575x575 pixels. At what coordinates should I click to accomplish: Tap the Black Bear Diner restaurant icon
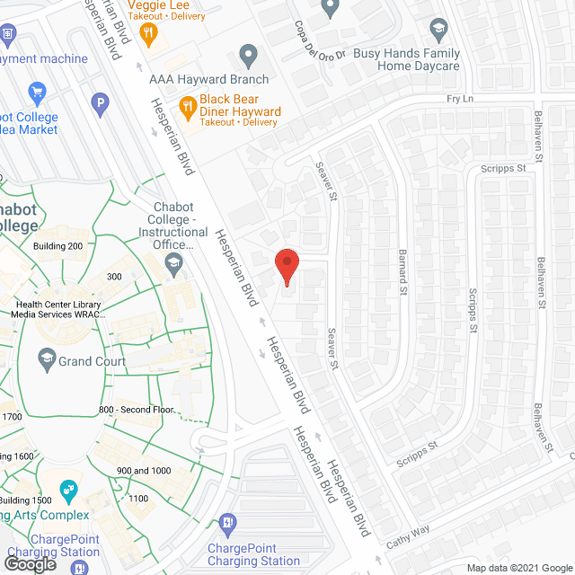point(187,108)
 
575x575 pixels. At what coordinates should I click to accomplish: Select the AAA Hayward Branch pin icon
point(248,54)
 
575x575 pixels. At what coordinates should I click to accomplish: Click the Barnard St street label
point(403,272)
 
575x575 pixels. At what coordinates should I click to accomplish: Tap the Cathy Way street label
point(409,541)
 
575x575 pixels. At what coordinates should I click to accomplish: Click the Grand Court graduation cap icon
point(46,360)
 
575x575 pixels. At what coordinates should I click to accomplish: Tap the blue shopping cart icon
point(37,92)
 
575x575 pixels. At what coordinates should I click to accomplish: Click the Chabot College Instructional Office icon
point(172,262)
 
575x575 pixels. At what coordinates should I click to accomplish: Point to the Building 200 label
point(57,246)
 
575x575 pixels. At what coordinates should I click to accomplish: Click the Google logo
point(29,563)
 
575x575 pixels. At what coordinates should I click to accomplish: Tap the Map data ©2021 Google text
point(518,568)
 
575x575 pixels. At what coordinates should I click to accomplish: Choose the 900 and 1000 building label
point(143,471)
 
